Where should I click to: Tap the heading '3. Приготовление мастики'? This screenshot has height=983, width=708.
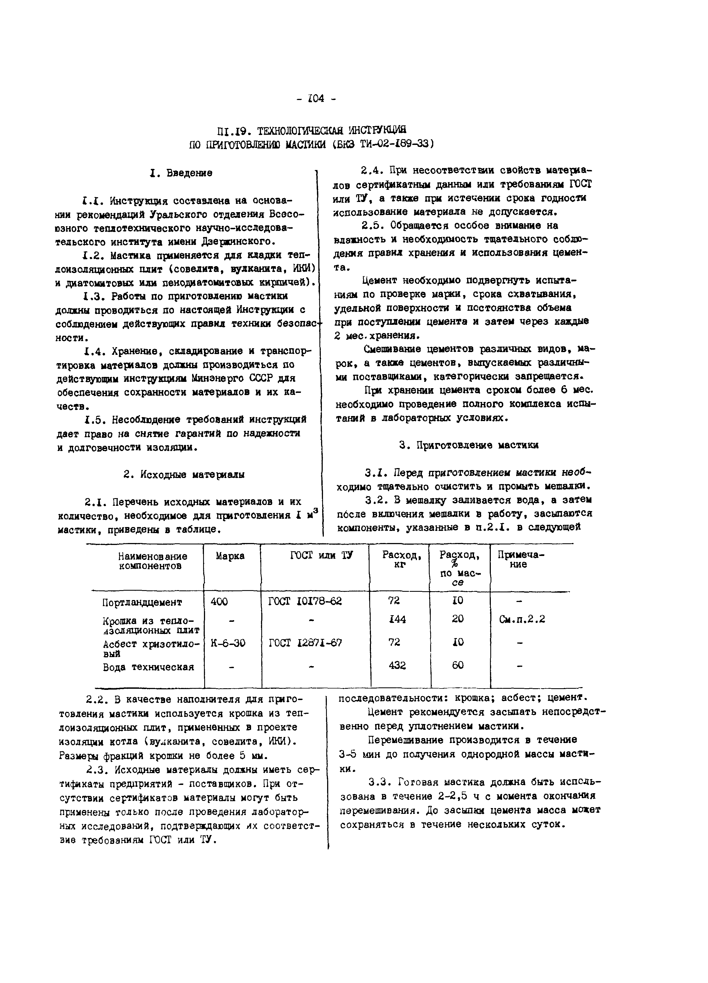(x=469, y=445)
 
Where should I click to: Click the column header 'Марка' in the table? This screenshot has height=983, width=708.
(x=230, y=556)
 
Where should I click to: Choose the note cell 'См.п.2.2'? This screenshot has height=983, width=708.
(x=522, y=619)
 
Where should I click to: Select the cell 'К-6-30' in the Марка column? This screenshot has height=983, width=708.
(x=228, y=643)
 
